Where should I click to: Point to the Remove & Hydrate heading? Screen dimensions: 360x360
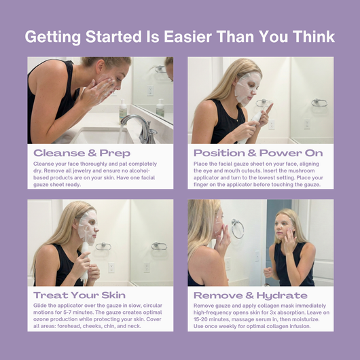(x=250, y=295)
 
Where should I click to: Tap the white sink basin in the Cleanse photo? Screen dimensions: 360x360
(x=102, y=136)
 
